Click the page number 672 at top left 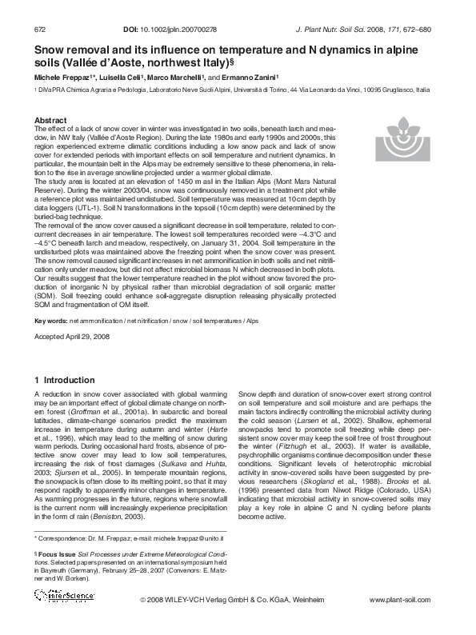click(x=39, y=30)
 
